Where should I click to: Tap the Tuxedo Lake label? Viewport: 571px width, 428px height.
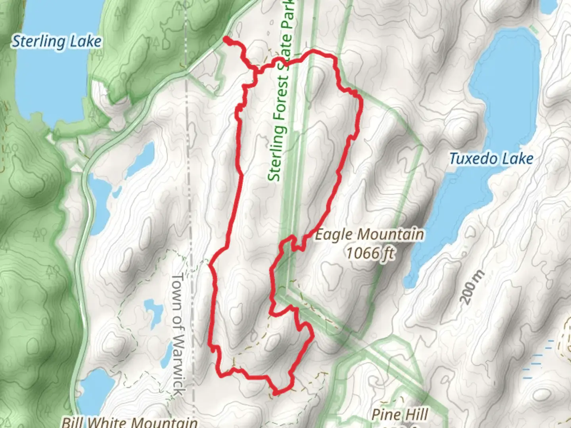pos(491,159)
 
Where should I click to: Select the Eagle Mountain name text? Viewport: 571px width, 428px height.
pos(369,235)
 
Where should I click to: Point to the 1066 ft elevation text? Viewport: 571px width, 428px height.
pos(370,252)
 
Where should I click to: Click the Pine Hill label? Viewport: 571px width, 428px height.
pos(399,415)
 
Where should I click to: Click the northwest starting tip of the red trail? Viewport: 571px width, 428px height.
pos(225,39)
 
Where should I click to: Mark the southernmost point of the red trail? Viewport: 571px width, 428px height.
pos(275,394)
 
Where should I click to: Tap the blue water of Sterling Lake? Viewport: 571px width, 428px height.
pos(48,87)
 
